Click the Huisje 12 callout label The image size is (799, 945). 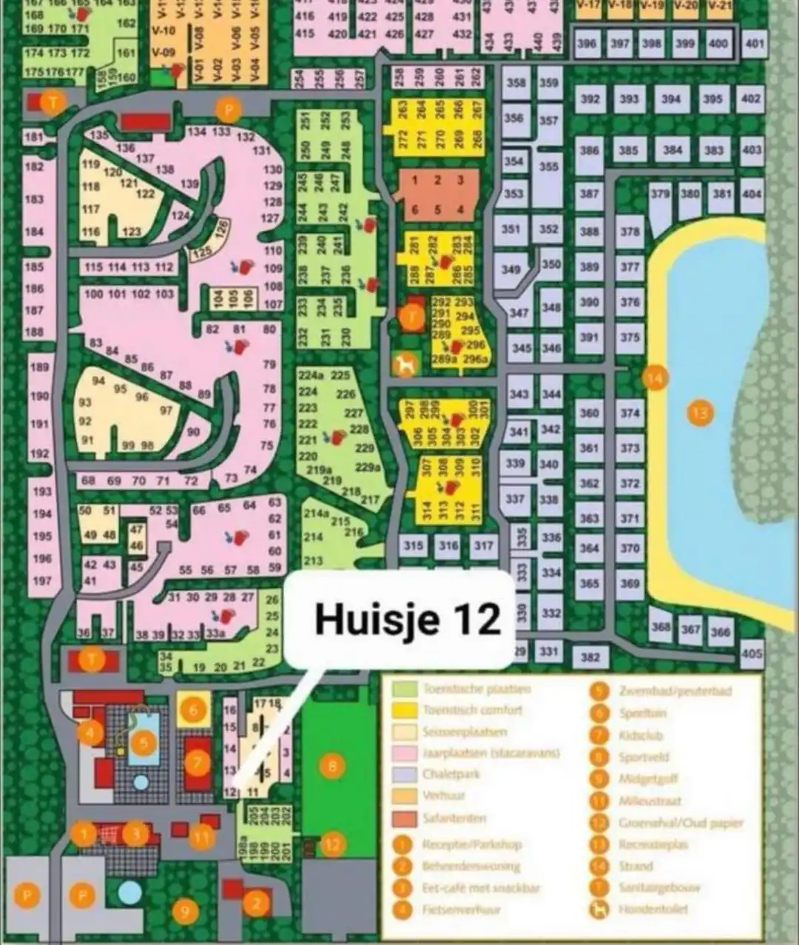407,619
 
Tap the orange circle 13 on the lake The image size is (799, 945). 700,411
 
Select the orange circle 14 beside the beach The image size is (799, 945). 655,378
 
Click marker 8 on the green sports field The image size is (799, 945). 332,766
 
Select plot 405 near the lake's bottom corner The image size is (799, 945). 752,653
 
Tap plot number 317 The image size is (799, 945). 483,546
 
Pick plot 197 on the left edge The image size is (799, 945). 42,581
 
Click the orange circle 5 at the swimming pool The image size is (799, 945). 144,742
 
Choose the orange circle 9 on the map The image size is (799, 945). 185,912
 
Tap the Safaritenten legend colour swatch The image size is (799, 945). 404,819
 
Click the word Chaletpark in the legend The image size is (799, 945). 451,774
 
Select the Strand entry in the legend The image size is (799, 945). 636,866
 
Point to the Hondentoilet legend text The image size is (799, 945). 653,909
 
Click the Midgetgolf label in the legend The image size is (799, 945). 649,778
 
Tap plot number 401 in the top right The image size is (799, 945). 755,44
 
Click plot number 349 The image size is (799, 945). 511,269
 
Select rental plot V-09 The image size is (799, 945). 163,53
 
